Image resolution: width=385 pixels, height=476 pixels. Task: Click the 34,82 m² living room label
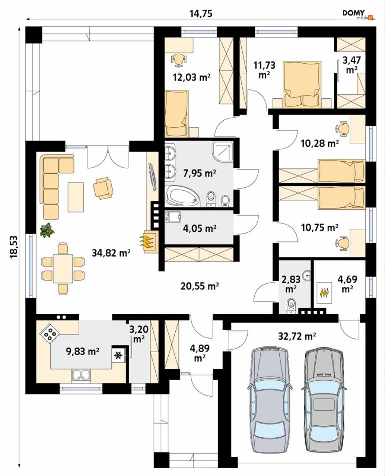click(x=111, y=253)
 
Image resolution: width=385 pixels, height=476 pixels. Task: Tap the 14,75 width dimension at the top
click(x=201, y=14)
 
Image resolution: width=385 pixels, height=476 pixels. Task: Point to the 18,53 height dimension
click(x=14, y=247)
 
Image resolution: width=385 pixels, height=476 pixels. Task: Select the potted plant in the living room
click(x=47, y=229)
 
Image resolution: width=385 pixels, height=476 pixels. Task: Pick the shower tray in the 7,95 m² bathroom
click(x=222, y=152)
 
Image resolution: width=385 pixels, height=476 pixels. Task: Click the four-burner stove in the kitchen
click(x=50, y=334)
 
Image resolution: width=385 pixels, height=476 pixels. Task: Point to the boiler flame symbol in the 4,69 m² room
click(x=324, y=293)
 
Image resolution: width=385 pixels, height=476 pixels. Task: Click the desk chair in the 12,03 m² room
click(x=178, y=60)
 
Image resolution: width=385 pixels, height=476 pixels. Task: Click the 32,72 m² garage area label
click(x=297, y=336)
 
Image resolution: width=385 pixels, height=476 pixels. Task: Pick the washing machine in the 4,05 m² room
click(x=173, y=217)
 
